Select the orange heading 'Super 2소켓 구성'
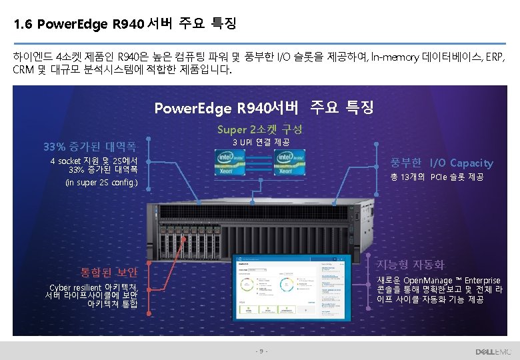point(259,129)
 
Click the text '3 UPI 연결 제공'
point(261,143)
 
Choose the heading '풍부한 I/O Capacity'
point(442,163)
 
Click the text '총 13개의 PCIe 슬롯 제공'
point(437,177)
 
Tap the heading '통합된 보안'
point(109,272)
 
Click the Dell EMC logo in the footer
point(493,351)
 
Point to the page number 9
point(261,351)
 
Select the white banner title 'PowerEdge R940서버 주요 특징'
point(263,107)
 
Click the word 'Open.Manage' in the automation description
point(427,280)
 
